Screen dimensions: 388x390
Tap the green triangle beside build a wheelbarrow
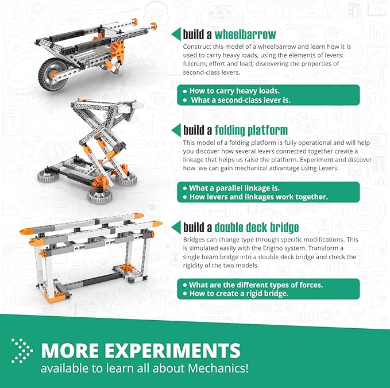[x=176, y=34]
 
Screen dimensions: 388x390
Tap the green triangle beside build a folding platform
[x=176, y=130]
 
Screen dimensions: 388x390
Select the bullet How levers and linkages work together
[x=258, y=197]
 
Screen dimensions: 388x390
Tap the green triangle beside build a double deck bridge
[x=176, y=226]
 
